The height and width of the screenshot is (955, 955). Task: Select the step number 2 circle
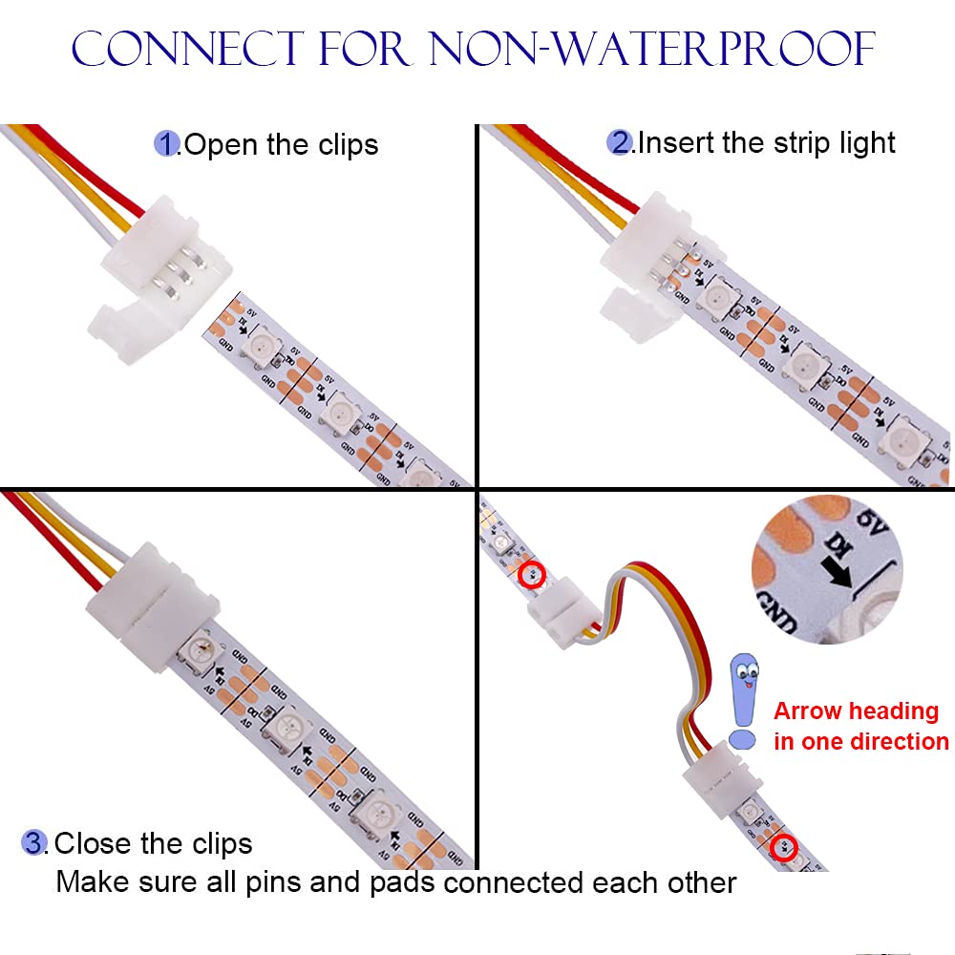tap(620, 143)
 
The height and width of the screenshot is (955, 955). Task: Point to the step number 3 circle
tap(34, 843)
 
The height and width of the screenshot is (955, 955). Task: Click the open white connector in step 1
tap(138, 277)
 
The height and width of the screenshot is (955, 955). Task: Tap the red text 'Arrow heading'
tap(856, 711)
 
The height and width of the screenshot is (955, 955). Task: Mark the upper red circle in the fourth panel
tap(532, 575)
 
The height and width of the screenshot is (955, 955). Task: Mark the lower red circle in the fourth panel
tap(784, 845)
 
